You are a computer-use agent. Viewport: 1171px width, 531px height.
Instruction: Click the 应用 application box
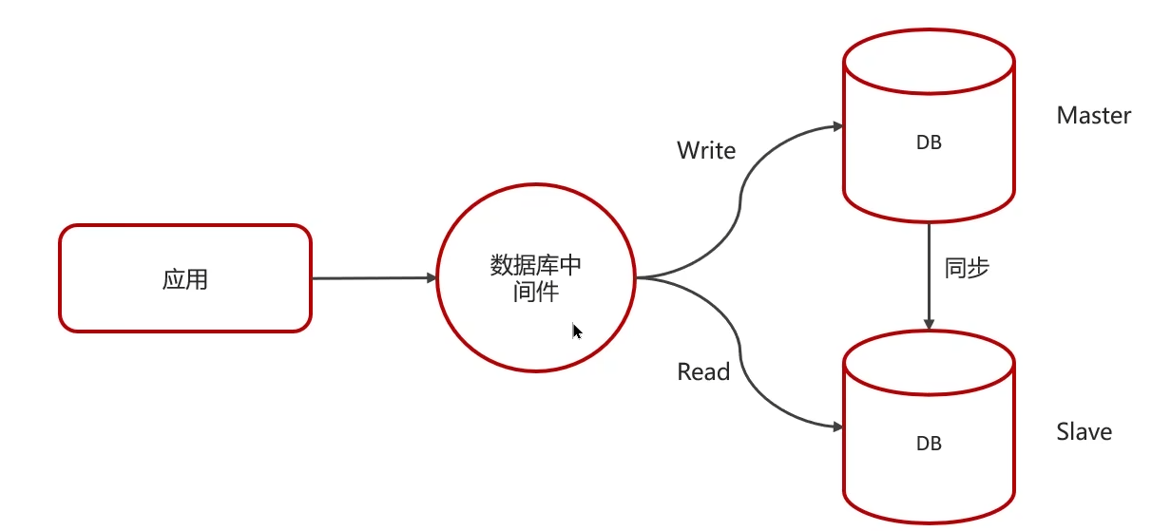[x=185, y=278]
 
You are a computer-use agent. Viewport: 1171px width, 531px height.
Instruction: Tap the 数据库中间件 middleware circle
[x=536, y=277]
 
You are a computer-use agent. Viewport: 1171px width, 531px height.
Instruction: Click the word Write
[x=706, y=150]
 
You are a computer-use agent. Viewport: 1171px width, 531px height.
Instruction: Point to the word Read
[x=703, y=372]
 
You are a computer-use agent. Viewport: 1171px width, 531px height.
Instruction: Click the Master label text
[x=1094, y=116]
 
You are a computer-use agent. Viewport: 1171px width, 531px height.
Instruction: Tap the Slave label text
[x=1085, y=432]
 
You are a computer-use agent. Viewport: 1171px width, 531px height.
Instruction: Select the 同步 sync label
[x=968, y=268]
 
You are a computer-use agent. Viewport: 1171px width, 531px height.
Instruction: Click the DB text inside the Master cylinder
[x=929, y=142]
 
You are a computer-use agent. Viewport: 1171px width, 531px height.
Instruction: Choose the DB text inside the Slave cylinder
[x=929, y=443]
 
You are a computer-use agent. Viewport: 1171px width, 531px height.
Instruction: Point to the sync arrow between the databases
[x=929, y=275]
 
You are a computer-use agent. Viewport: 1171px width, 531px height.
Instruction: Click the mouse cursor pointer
[x=577, y=331]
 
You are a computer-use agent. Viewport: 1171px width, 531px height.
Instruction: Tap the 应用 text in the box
[x=185, y=279]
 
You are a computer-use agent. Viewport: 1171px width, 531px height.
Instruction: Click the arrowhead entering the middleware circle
[x=431, y=278]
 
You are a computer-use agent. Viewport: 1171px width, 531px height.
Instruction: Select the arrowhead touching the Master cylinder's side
[x=836, y=125]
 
